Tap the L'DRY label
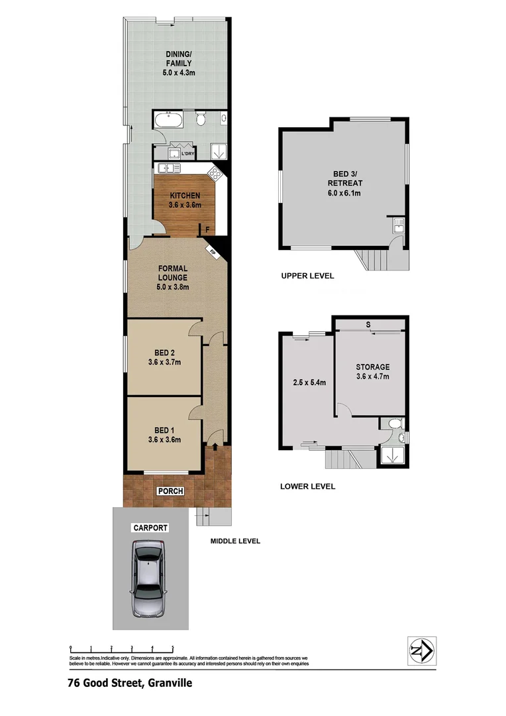tap(189, 154)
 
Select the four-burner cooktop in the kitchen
tap(215, 174)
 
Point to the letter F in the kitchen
tap(208, 230)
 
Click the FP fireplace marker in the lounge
tap(212, 252)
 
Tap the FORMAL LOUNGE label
tap(173, 277)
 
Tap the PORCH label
tap(170, 491)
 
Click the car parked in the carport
tap(148, 578)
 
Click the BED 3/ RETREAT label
tap(344, 184)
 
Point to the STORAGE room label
tap(372, 371)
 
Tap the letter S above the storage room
tap(368, 325)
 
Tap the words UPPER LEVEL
tap(307, 276)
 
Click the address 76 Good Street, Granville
tap(129, 682)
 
